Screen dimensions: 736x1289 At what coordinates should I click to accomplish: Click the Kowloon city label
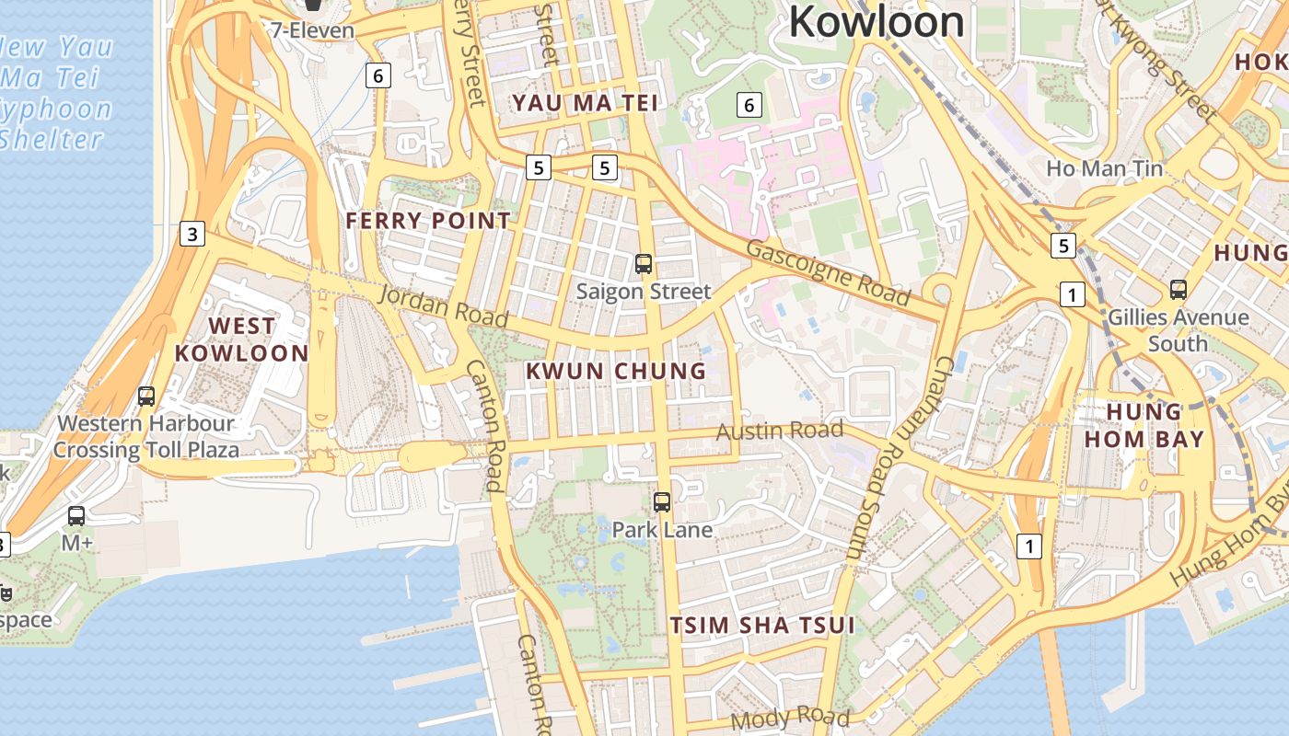click(x=876, y=21)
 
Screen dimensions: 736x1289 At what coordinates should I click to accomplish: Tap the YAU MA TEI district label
click(x=586, y=103)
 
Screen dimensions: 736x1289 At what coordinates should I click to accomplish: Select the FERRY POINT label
click(x=427, y=221)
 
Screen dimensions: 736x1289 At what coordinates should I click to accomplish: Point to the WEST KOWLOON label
click(x=241, y=339)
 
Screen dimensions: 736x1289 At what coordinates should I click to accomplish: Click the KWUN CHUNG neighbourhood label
click(x=615, y=372)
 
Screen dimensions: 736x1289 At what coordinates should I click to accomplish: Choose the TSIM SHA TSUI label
click(x=761, y=626)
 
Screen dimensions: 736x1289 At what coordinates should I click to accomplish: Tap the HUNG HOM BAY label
click(x=1144, y=425)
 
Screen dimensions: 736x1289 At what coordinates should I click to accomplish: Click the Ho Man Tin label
click(x=1104, y=169)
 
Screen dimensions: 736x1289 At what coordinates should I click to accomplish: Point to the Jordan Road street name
click(x=443, y=305)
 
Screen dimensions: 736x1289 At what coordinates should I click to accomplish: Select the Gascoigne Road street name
click(x=828, y=272)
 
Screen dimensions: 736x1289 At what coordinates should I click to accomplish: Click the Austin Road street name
click(x=779, y=431)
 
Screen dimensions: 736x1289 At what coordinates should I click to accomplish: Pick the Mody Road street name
click(x=790, y=717)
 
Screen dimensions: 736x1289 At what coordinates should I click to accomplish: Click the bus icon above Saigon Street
click(x=644, y=264)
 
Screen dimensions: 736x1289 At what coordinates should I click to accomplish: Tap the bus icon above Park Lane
click(x=661, y=502)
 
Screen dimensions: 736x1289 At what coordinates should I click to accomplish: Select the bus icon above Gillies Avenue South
click(x=1178, y=290)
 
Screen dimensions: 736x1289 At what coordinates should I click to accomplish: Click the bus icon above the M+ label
click(x=76, y=516)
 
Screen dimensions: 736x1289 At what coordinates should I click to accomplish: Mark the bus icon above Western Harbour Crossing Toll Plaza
click(x=145, y=397)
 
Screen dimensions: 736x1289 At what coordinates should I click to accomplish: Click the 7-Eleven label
click(x=312, y=30)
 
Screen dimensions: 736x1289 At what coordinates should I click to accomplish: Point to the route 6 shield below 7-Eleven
click(x=377, y=75)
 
